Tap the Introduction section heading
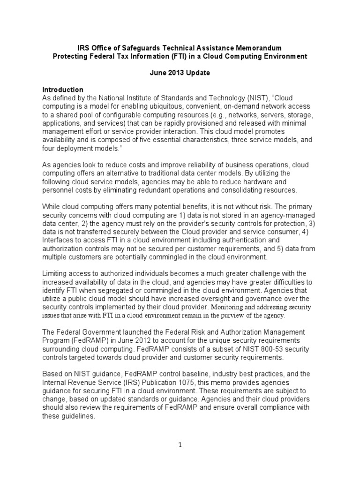(63, 90)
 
